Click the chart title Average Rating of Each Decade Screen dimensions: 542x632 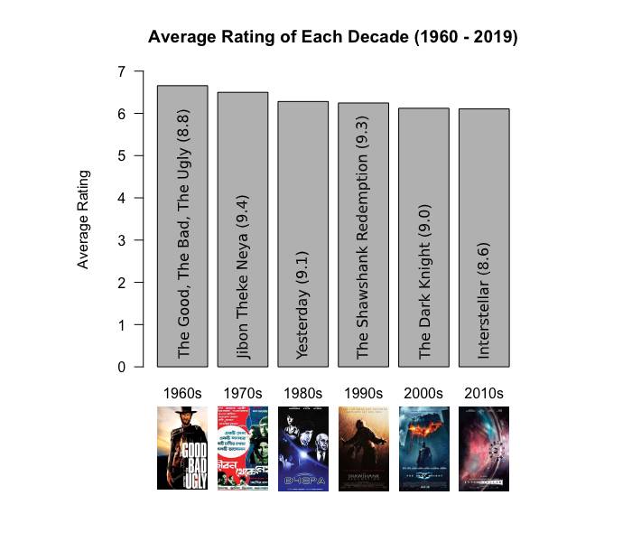[x=332, y=38]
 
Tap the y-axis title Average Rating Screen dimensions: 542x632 [x=83, y=219]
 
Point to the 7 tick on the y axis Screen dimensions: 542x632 [x=121, y=71]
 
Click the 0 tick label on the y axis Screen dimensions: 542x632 [x=121, y=367]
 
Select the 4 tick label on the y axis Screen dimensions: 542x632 [x=121, y=198]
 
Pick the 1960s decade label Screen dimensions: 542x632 [x=182, y=394]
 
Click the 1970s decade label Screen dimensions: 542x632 [x=243, y=394]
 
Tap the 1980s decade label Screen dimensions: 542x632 [x=302, y=394]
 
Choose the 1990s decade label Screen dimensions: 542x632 [x=363, y=394]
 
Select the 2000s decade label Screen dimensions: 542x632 [x=423, y=394]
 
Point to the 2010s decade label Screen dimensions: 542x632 [x=484, y=394]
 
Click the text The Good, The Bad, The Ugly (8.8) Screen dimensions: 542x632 [x=183, y=234]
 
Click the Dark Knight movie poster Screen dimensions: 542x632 [x=423, y=448]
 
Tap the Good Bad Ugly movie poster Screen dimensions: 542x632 [x=182, y=448]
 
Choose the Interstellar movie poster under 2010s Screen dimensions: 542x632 [x=484, y=448]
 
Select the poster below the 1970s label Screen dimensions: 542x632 [x=243, y=448]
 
